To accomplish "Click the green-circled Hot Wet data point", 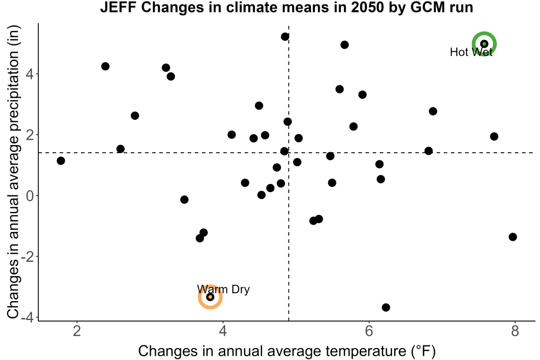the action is click(x=484, y=44).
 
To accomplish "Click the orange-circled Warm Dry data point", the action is click(x=210, y=297).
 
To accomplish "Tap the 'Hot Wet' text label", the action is click(x=471, y=52).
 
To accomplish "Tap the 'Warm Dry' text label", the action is click(x=223, y=289).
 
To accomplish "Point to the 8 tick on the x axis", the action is click(x=515, y=331).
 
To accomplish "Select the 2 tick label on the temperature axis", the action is click(x=77, y=331).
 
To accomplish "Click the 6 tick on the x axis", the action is click(x=369, y=331).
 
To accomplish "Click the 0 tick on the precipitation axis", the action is click(x=30, y=195).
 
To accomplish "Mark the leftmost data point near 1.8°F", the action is click(x=60, y=161).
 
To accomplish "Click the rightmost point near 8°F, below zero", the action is click(x=512, y=237).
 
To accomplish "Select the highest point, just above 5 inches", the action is click(x=285, y=37).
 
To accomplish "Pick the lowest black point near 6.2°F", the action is click(x=386, y=307).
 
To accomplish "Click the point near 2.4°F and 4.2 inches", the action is click(x=105, y=66).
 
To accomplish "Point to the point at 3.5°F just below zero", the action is click(x=184, y=200).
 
